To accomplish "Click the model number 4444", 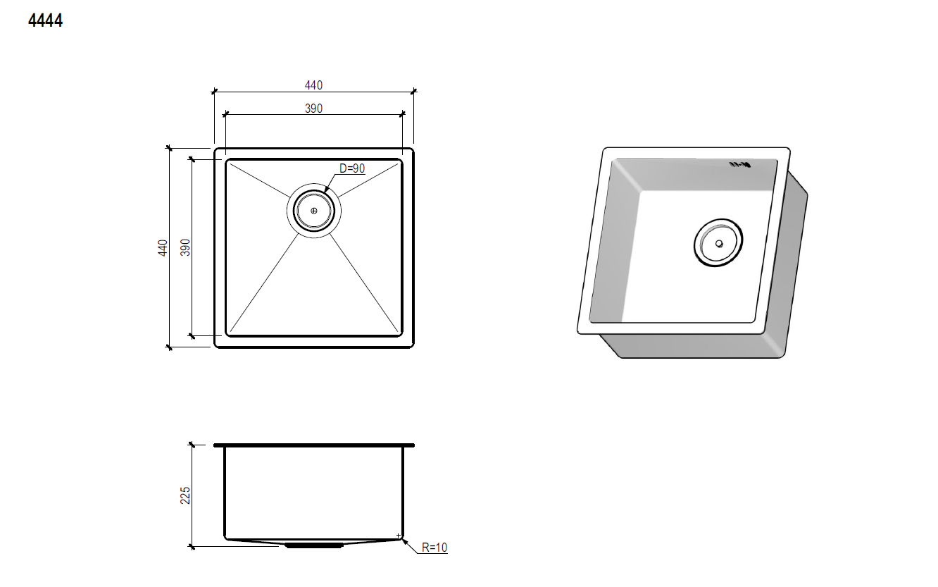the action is pos(45,20).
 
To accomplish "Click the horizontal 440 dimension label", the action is pos(313,85).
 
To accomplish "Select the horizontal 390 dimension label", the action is pos(313,109).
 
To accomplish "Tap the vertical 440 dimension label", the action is pos(163,247).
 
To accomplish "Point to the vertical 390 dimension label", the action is pos(185,247).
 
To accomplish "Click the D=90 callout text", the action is pos(352,168).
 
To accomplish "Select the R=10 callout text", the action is pos(434,548).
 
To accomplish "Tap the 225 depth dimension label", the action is pos(185,495).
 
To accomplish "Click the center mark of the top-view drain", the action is pos(313,211).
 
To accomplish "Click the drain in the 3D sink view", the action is pos(718,242).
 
